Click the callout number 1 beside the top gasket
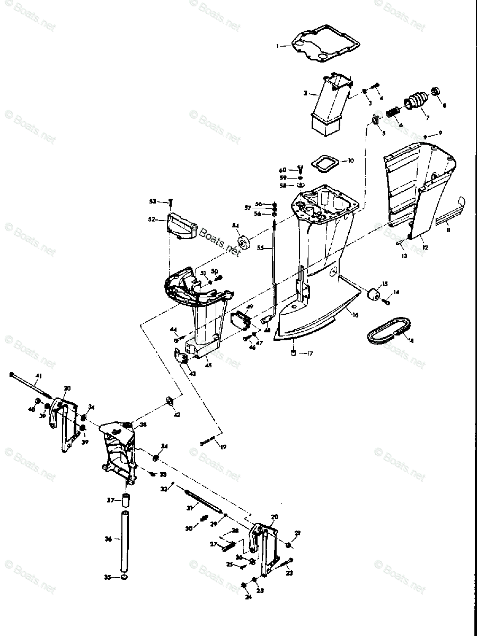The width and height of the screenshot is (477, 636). [x=277, y=46]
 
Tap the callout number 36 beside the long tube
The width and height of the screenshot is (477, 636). [x=108, y=539]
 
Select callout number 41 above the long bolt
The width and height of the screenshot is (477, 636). [x=38, y=376]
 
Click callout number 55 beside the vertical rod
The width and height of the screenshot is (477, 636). [x=260, y=248]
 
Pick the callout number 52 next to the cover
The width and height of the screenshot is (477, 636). [x=152, y=219]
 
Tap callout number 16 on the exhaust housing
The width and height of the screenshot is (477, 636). [x=355, y=315]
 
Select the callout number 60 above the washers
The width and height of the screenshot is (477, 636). [x=283, y=170]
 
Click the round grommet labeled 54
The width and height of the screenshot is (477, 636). [x=244, y=244]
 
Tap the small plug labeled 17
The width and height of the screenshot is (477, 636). [x=293, y=353]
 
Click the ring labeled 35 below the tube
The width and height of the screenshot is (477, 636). [x=123, y=578]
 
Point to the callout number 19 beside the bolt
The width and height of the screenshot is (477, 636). [x=223, y=447]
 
